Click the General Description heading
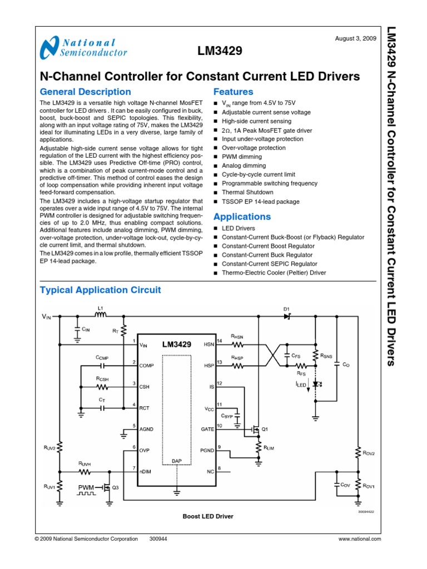coord(86,92)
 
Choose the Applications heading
coord(242,217)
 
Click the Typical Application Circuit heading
coord(101,290)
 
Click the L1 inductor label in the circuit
coord(101,307)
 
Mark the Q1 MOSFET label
coord(265,429)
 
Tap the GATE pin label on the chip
coord(207,429)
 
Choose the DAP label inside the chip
coord(177,461)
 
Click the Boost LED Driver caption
coord(208,516)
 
